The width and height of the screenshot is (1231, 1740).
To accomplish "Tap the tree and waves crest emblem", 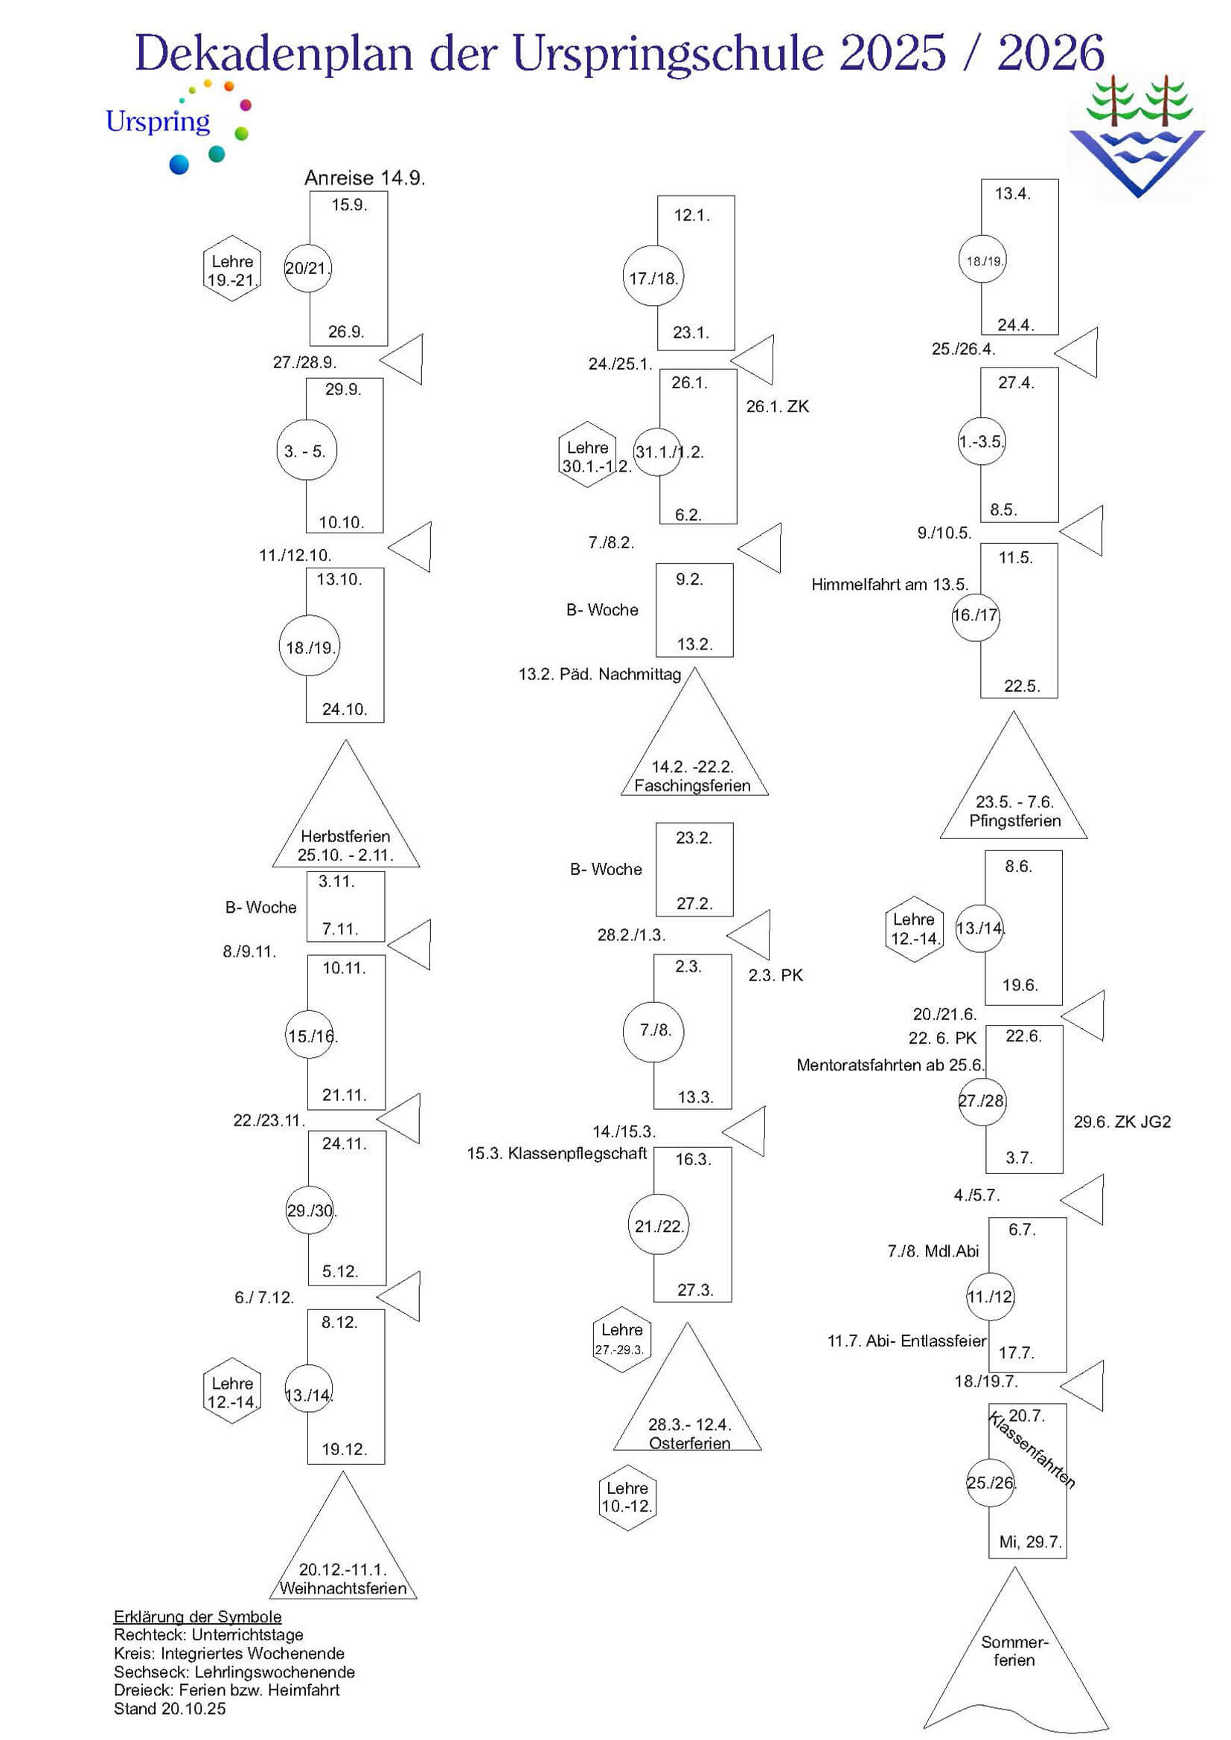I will tap(1136, 136).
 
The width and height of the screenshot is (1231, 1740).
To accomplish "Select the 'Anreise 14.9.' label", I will tap(365, 178).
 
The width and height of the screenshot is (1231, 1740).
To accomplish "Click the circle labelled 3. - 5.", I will tap(305, 450).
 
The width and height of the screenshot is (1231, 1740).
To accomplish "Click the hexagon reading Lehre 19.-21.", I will tap(232, 269).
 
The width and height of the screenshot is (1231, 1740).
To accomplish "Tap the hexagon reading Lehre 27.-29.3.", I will tap(621, 1339).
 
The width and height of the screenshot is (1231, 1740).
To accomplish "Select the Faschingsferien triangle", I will tap(694, 751).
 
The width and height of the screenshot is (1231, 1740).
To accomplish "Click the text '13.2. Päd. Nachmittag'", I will tap(600, 675).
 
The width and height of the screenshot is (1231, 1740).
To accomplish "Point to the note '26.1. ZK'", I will tap(777, 407).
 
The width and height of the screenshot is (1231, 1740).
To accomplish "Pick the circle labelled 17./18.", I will tap(653, 277).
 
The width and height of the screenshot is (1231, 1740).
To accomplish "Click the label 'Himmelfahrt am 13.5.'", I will tap(889, 584).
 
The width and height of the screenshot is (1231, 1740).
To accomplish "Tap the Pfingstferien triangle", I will tap(1014, 792).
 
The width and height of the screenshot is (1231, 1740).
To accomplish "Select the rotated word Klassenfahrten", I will tap(1032, 1449).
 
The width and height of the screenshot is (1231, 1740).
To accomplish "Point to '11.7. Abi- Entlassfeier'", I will tap(907, 1341).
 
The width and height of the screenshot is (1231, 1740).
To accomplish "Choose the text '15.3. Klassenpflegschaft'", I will tap(557, 1154).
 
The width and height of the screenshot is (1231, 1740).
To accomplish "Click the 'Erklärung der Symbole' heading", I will tap(197, 1617).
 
